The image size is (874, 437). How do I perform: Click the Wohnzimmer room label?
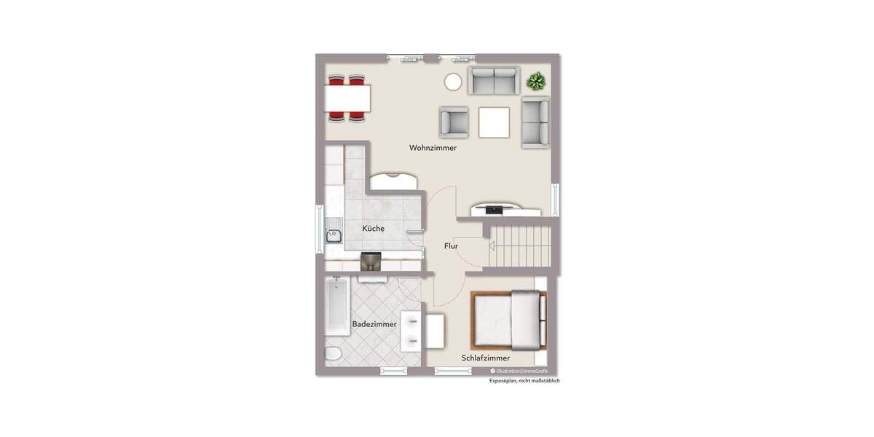pos(433,148)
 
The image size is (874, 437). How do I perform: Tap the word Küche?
pos(373,229)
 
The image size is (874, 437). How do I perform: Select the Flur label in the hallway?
pos(451,246)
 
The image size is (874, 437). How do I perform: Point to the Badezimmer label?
pos(374,324)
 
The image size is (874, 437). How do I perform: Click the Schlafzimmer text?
pos(485,358)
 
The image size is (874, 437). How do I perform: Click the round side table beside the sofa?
pos(453,82)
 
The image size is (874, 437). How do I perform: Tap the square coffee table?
pos(494,122)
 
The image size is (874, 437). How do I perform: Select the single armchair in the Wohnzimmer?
pos(454,122)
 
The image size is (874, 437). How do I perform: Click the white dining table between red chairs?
pos(347,97)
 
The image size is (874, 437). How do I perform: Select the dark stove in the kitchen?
pos(371,261)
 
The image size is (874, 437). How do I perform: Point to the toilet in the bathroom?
pos(331,354)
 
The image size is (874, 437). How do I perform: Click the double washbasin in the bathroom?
pos(412,331)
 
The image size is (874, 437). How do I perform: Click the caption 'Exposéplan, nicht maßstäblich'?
pos(524,381)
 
